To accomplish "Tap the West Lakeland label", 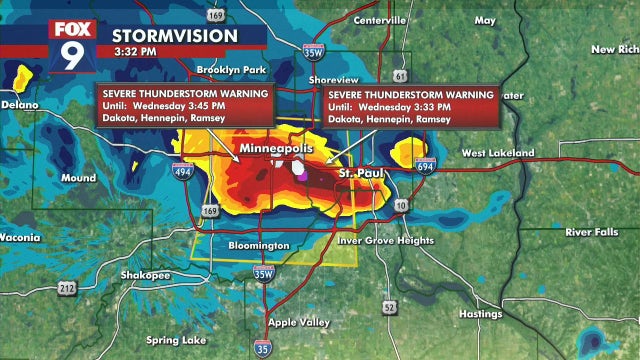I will point(497,153).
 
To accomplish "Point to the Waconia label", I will point(20,238).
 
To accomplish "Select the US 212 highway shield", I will point(66,288).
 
